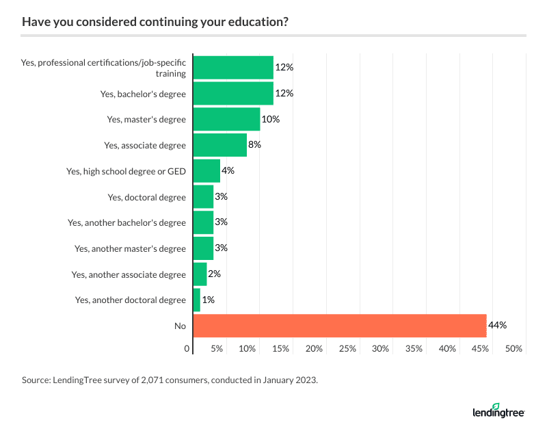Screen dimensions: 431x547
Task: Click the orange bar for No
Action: (340, 326)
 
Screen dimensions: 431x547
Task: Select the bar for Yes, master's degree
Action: (227, 119)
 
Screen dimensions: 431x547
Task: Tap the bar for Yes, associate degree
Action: (220, 145)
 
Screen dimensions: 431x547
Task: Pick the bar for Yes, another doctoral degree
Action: (197, 300)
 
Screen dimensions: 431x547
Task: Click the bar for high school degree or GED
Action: (206, 171)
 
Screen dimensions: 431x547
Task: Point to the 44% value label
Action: (497, 326)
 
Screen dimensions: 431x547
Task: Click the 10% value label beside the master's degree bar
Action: (271, 119)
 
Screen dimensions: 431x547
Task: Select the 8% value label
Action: (255, 145)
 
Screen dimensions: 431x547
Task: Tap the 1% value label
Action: (208, 300)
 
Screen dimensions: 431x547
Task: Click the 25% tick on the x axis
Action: (347, 349)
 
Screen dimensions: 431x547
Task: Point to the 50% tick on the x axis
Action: (513, 349)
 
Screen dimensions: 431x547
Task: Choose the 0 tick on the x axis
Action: (187, 349)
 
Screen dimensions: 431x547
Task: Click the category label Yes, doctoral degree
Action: (146, 197)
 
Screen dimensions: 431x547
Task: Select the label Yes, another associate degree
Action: (129, 274)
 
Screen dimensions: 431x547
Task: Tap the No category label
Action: (180, 326)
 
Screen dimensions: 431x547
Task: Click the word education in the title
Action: (253, 21)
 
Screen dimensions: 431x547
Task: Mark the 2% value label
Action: (215, 274)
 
